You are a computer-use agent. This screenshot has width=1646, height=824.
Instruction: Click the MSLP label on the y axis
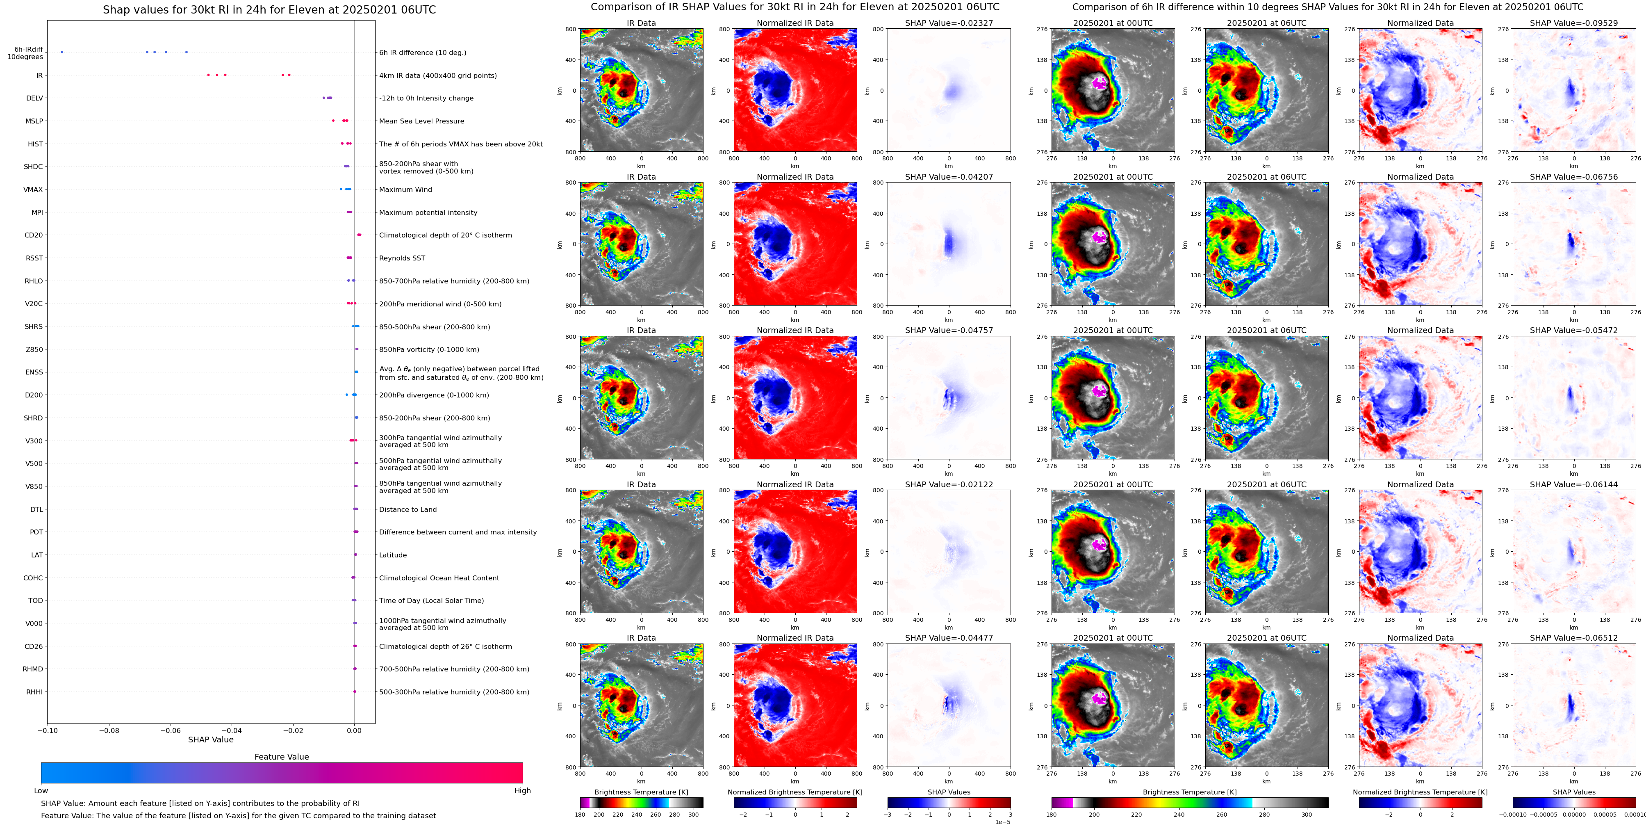(34, 121)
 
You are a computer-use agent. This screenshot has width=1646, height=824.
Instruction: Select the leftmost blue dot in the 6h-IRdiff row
(62, 52)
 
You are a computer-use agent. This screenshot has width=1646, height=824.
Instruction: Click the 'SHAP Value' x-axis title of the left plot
(211, 740)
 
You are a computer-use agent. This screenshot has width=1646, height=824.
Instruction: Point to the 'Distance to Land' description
(408, 509)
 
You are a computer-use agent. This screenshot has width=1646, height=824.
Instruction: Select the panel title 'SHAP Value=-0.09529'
(1574, 23)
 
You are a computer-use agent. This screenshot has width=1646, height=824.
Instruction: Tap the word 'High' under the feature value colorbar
(523, 791)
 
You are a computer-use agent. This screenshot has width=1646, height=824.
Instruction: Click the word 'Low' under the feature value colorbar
(41, 791)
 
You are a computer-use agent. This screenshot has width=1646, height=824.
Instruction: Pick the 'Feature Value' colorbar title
(282, 757)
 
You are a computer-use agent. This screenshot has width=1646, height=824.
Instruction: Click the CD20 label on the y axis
(34, 235)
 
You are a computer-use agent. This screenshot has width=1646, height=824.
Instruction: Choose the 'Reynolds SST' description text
(402, 258)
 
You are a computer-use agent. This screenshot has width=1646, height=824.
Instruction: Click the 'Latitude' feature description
(393, 555)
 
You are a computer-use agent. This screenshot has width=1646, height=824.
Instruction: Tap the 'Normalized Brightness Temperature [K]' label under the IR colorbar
(795, 792)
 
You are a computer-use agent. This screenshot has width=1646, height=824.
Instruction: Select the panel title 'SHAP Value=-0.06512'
(1574, 638)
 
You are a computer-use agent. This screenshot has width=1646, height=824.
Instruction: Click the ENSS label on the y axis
(34, 372)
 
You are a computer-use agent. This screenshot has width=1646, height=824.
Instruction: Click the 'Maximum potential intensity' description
(428, 212)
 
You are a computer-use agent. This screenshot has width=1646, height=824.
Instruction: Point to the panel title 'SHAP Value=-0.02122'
(949, 484)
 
